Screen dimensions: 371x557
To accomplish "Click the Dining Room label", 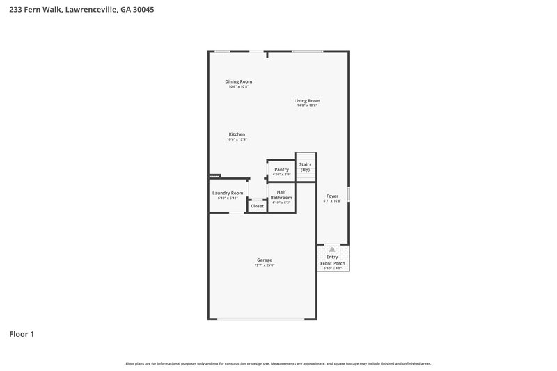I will click(238, 81).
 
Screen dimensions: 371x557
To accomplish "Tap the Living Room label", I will click(306, 101).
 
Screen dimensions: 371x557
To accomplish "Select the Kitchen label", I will click(237, 134).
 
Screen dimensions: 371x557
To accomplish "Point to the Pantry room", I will click(281, 171).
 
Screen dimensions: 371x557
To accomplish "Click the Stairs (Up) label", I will click(305, 167).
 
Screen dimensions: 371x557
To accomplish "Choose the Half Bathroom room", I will click(281, 196).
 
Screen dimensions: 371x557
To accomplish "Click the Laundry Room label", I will click(228, 193).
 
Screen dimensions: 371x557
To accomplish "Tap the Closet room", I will click(257, 206).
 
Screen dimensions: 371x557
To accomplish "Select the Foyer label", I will click(332, 196).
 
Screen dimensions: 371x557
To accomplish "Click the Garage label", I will click(264, 260).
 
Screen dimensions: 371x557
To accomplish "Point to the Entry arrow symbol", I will click(332, 248).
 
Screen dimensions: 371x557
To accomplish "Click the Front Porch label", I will click(332, 262).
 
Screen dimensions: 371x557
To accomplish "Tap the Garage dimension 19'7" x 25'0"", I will click(264, 265).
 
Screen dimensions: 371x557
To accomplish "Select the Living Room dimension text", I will click(306, 106).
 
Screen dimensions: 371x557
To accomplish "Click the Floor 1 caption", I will click(22, 334).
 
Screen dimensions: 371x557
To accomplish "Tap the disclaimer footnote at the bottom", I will click(278, 363).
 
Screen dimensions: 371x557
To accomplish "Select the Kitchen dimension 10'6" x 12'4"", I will click(237, 140).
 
